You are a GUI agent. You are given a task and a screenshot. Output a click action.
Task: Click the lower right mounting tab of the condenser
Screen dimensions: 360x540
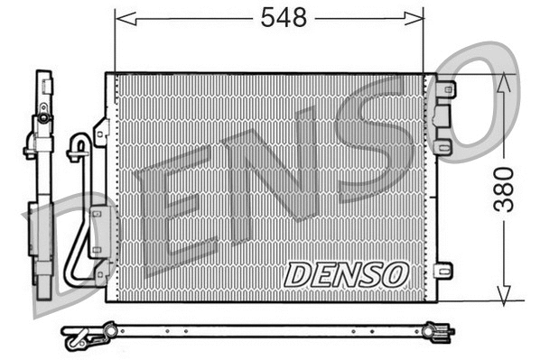tap(442, 271)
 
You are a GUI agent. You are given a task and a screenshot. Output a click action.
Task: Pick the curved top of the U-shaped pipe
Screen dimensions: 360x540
tap(80, 142)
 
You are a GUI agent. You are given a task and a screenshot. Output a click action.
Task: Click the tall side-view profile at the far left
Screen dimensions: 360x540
tap(41, 180)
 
